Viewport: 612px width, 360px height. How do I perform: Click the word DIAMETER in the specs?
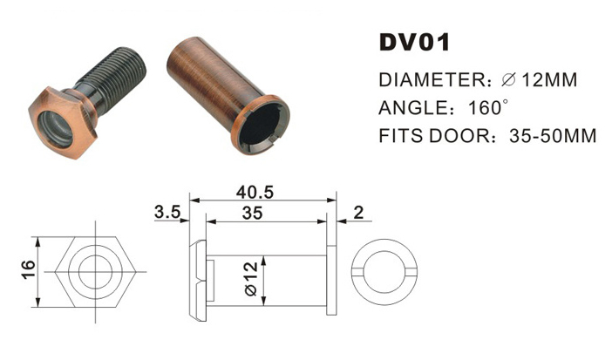(428, 81)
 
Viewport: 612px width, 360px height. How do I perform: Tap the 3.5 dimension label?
(166, 213)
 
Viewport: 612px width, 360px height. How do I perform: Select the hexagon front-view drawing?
(91, 270)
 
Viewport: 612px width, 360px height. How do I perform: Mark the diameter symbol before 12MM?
(511, 81)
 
